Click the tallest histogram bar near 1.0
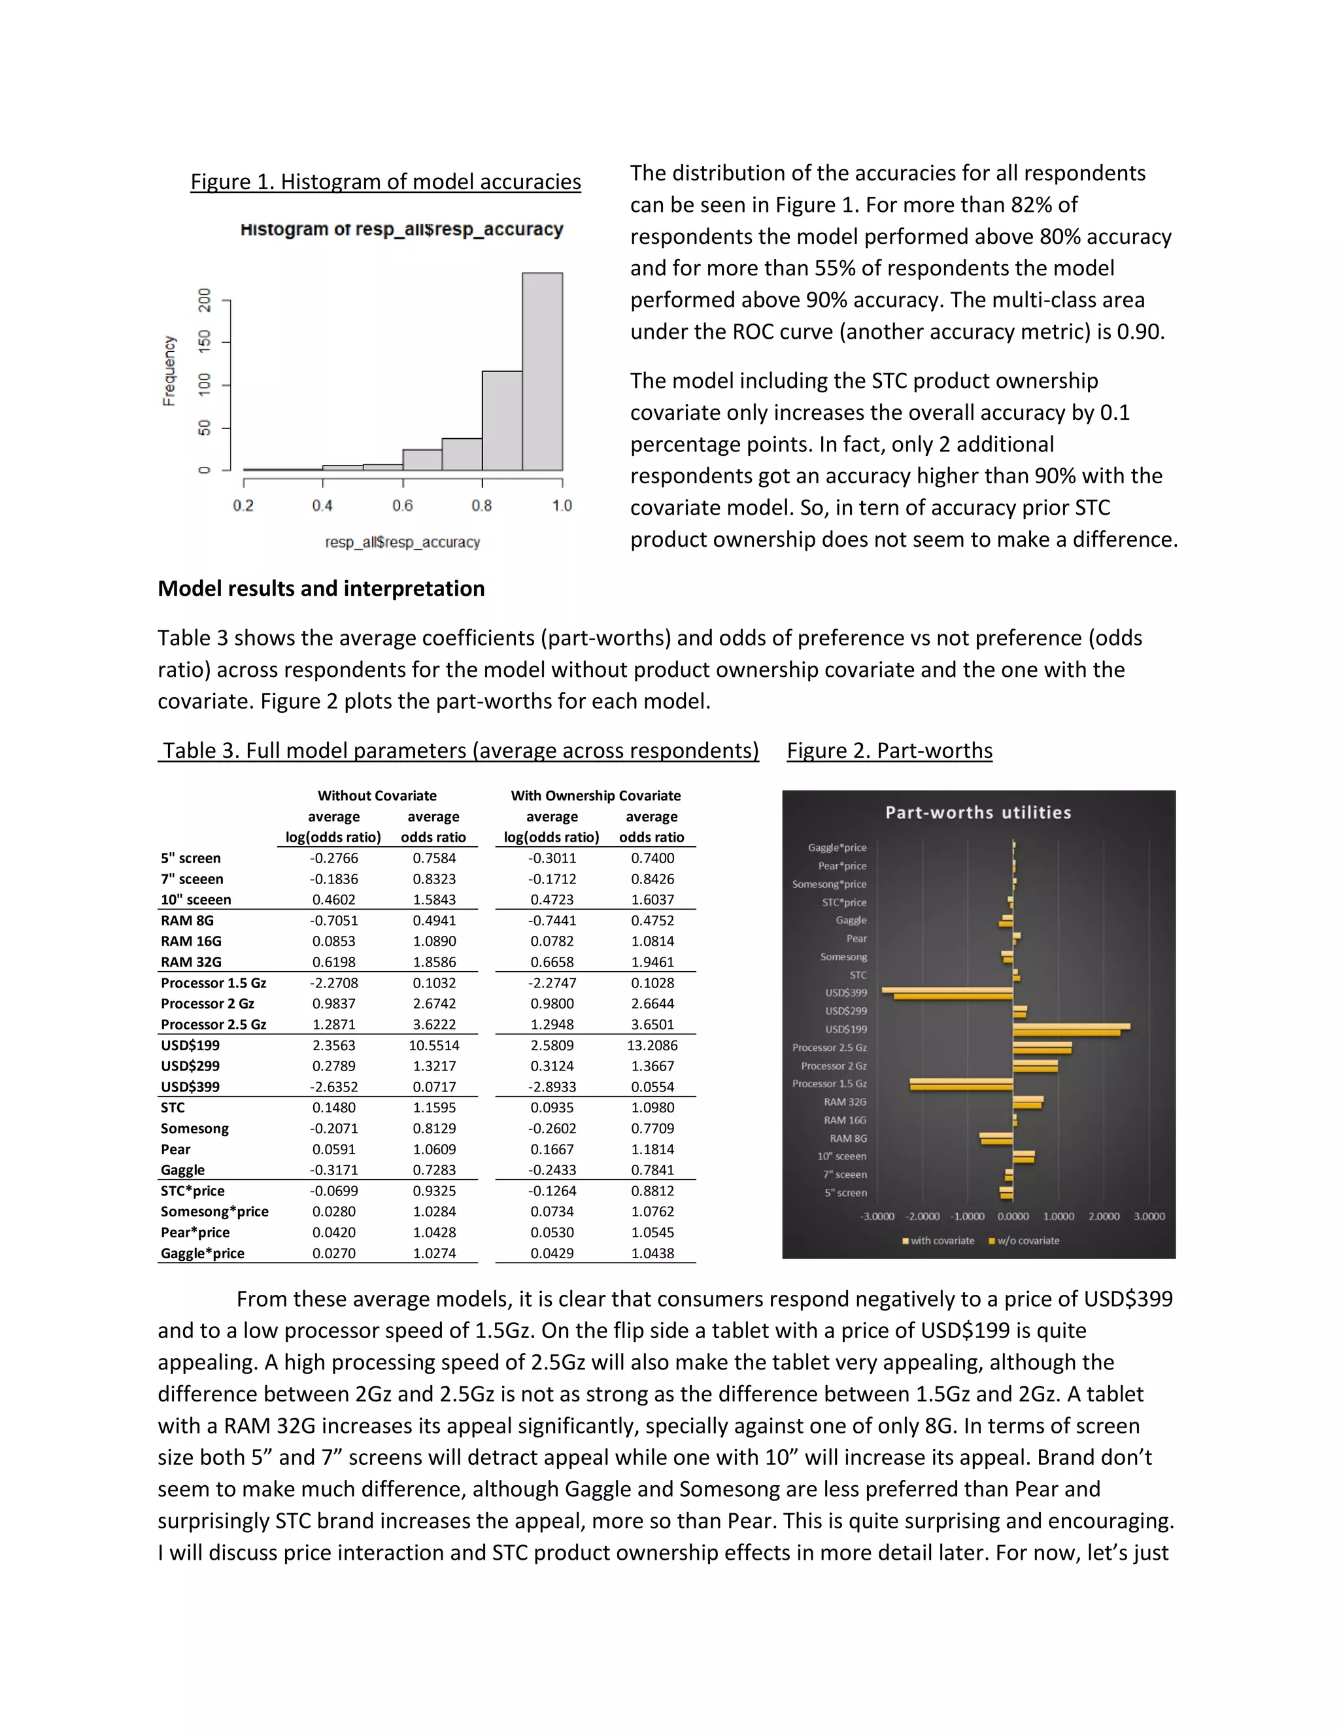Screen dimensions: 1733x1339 point(542,371)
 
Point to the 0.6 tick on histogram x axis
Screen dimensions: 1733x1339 point(402,506)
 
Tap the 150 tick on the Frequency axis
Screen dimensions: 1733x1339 point(205,342)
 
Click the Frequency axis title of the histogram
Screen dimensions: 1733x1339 point(168,371)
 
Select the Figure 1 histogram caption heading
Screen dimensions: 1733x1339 point(386,182)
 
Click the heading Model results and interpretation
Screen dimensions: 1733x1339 point(320,588)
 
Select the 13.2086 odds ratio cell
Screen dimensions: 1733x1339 point(652,1045)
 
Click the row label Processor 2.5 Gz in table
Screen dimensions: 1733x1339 point(213,1024)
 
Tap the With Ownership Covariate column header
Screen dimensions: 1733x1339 point(595,795)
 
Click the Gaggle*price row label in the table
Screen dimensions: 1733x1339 point(202,1253)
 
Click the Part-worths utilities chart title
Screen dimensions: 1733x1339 point(977,812)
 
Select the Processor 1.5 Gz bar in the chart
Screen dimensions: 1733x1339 point(961,1084)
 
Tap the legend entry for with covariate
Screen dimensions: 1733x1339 point(941,1240)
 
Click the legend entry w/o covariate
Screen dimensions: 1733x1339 point(1026,1240)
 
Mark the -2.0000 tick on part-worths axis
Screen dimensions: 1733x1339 point(923,1216)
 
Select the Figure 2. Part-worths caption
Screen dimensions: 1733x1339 point(889,751)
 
